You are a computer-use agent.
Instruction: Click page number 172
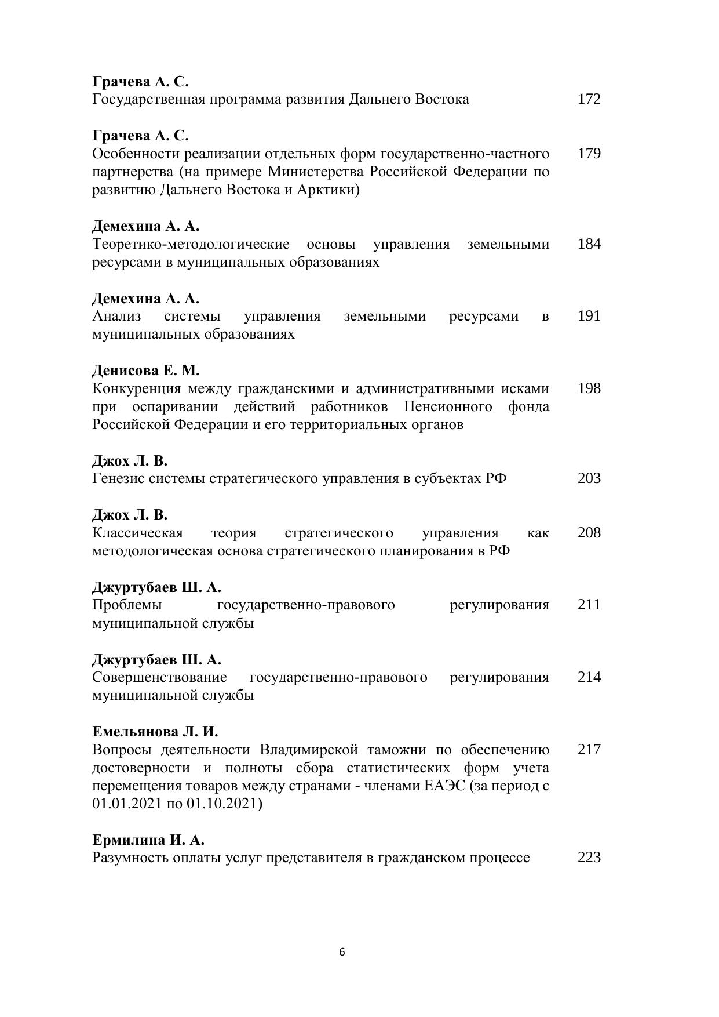pyautogui.click(x=589, y=99)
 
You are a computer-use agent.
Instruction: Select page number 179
pyautogui.click(x=589, y=154)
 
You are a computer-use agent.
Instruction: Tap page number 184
pyautogui.click(x=589, y=244)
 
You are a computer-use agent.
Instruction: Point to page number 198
pyautogui.click(x=589, y=388)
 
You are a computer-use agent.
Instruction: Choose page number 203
pyautogui.click(x=589, y=479)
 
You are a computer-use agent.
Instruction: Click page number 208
pyautogui.click(x=589, y=533)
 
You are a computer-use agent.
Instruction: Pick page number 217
pyautogui.click(x=589, y=750)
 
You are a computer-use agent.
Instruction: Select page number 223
pyautogui.click(x=589, y=858)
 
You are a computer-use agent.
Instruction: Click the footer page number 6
pyautogui.click(x=342, y=952)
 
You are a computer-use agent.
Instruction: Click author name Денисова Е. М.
pyautogui.click(x=145, y=371)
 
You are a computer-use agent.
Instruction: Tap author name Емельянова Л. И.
pyautogui.click(x=155, y=732)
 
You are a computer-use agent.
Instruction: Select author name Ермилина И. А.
pyautogui.click(x=148, y=840)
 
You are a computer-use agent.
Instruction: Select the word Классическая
pyautogui.click(x=137, y=533)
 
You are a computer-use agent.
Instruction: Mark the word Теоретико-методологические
pyautogui.click(x=191, y=244)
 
